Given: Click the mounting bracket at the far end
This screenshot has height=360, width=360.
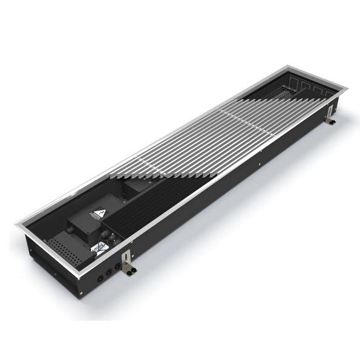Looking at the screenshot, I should [x=331, y=116].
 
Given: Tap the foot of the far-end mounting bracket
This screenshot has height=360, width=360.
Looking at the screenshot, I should [x=333, y=123].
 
